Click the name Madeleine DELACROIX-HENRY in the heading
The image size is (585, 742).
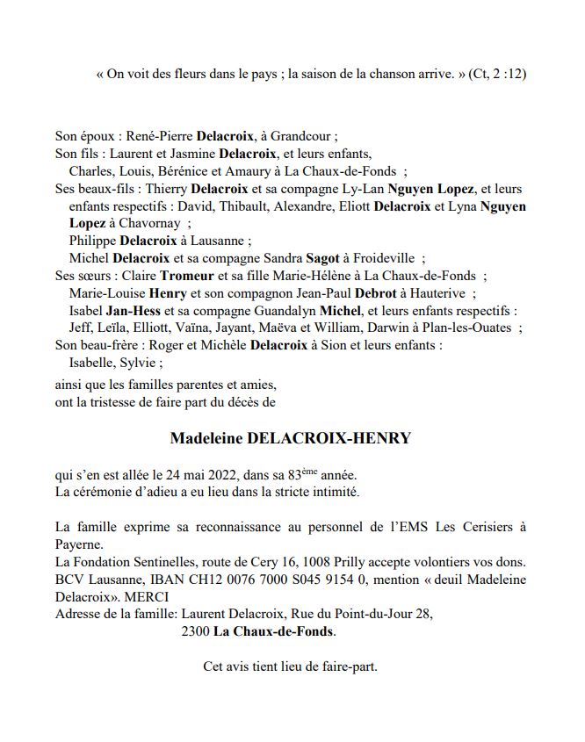(x=290, y=438)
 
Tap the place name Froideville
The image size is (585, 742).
(x=379, y=258)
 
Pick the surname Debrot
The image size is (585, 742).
(x=360, y=293)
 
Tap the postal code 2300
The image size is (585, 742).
(x=196, y=631)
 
